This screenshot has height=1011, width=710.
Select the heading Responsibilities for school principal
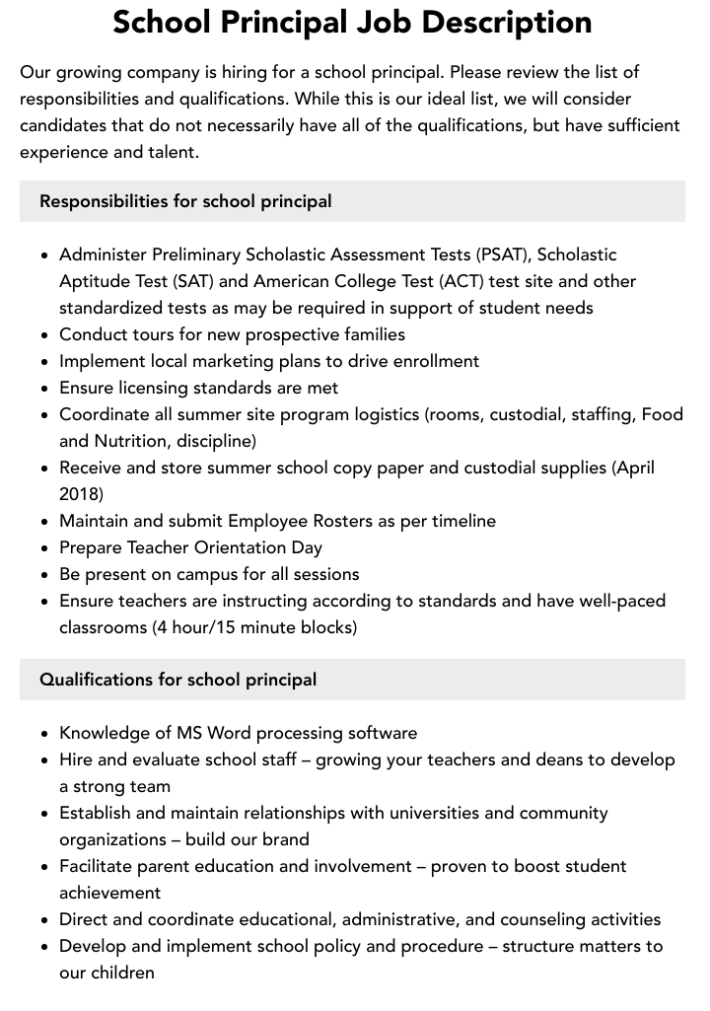pyautogui.click(x=185, y=201)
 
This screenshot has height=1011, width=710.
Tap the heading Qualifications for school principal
pyautogui.click(x=178, y=680)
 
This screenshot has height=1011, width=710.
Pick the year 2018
pyautogui.click(x=79, y=494)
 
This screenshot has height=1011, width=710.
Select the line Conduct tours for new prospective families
pyautogui.click(x=232, y=334)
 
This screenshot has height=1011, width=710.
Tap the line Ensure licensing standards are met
pyautogui.click(x=198, y=388)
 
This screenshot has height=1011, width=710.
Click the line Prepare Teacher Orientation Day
pyautogui.click(x=190, y=547)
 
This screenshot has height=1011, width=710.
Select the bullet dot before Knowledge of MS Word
pyautogui.click(x=45, y=734)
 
